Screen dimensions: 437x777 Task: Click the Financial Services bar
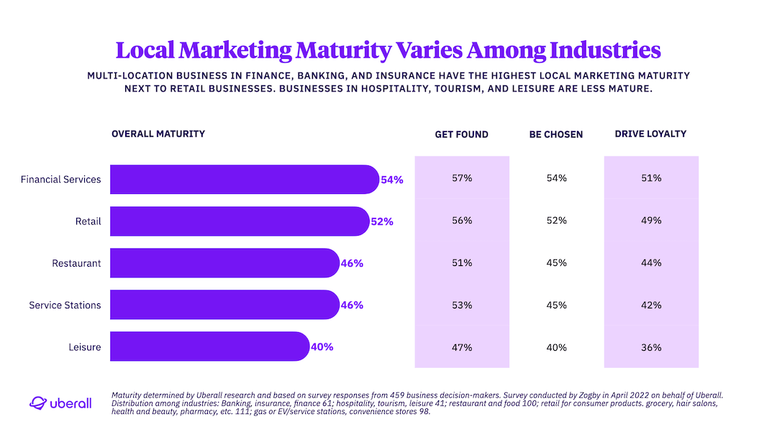click(x=245, y=180)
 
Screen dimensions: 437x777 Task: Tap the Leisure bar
click(x=209, y=347)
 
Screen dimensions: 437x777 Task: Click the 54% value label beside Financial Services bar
click(x=392, y=180)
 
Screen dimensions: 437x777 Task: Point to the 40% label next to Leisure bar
click(x=322, y=347)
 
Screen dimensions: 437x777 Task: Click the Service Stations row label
click(x=65, y=305)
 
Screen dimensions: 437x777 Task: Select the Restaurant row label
click(x=76, y=264)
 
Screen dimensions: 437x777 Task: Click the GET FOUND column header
click(x=461, y=134)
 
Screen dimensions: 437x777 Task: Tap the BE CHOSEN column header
click(x=556, y=134)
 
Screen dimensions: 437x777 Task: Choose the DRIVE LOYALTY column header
click(x=650, y=134)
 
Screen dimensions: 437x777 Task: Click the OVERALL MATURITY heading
click(x=158, y=134)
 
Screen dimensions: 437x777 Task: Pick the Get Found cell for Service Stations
click(x=462, y=305)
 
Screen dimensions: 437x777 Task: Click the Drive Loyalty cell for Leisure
click(x=651, y=347)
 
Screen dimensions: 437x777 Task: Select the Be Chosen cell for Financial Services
click(x=557, y=178)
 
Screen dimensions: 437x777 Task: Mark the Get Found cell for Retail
click(x=462, y=221)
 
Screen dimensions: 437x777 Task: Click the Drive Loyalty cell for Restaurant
click(x=651, y=263)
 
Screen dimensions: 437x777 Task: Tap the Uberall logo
click(x=60, y=403)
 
